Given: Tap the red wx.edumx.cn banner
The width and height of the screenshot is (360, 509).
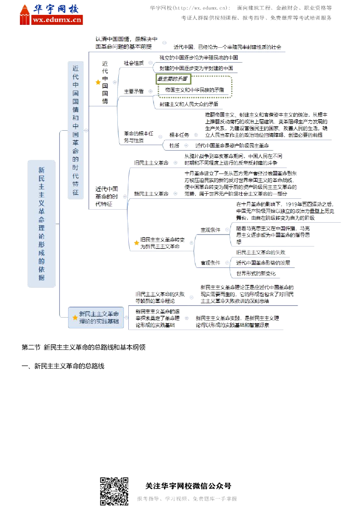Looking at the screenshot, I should [57, 20].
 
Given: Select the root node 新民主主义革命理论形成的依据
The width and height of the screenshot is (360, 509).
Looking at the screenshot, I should [41, 224].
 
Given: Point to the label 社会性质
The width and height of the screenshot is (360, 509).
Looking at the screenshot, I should [134, 63].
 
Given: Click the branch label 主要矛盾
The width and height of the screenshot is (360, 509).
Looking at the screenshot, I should [134, 91].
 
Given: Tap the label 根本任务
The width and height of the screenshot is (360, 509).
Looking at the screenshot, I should [179, 135].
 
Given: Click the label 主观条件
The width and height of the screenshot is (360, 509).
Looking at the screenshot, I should [210, 230].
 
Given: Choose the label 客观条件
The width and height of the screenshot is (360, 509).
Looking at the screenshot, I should [210, 262].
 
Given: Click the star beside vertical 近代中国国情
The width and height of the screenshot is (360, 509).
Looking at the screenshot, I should [98, 83].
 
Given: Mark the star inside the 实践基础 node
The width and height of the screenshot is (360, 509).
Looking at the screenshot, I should [75, 317].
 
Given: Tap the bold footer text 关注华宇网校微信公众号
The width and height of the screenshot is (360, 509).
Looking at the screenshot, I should [188, 486].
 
